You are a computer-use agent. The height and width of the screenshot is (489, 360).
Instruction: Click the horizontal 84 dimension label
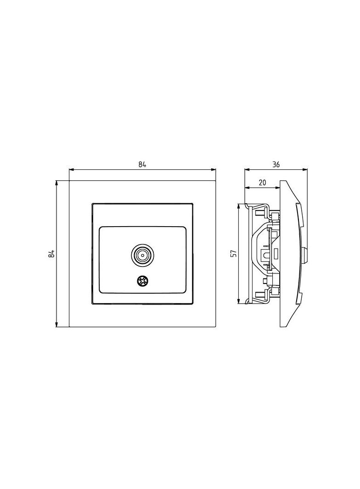[142, 165]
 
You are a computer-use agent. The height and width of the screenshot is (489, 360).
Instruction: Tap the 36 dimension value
[276, 164]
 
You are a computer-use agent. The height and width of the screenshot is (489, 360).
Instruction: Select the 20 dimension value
[262, 183]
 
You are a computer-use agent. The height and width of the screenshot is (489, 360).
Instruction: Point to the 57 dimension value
[233, 253]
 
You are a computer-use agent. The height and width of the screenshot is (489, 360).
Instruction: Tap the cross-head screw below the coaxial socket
[142, 281]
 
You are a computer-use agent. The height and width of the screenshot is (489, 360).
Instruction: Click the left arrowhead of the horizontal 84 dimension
[71, 170]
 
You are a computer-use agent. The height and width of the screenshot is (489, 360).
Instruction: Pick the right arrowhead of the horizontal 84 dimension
[214, 170]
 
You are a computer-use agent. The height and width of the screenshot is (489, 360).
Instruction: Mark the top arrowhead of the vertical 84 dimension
[56, 183]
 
